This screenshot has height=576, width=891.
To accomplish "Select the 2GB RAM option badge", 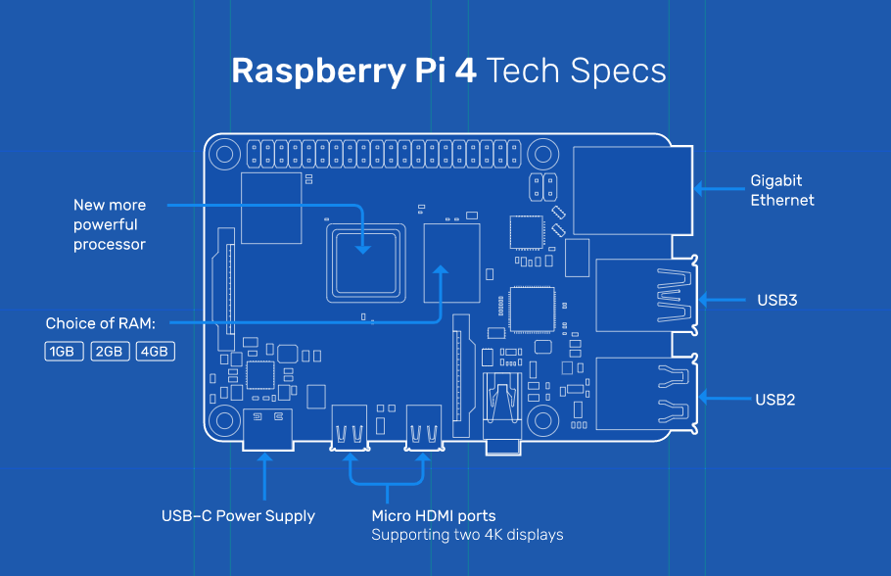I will [110, 351].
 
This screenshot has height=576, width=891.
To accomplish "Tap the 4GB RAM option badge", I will [155, 351].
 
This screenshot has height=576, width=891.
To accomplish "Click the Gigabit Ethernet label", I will [781, 190].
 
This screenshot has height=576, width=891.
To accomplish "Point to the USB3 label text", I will [776, 300].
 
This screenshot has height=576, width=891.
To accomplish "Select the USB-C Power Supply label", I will [238, 515].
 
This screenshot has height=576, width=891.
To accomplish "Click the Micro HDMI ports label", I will [433, 515].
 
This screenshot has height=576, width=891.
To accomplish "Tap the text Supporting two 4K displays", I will [467, 535].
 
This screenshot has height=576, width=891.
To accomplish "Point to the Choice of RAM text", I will [107, 323].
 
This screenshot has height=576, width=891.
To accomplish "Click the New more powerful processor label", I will [110, 224].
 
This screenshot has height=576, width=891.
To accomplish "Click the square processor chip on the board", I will [363, 260].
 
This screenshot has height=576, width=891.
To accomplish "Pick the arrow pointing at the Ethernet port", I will [715, 188].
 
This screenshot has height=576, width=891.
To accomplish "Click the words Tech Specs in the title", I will [576, 72].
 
